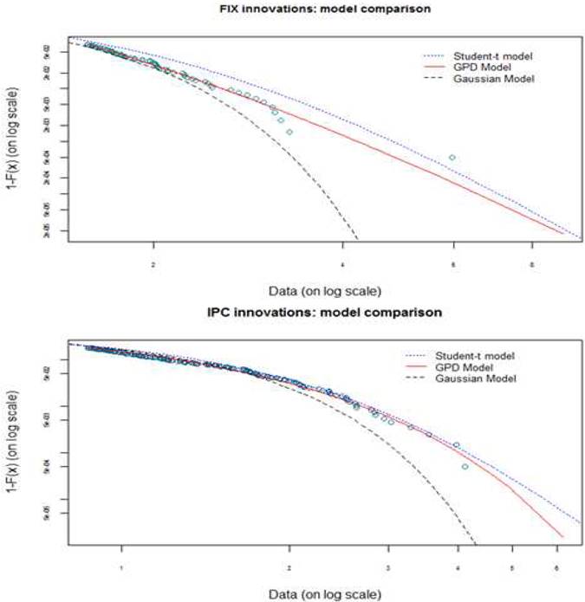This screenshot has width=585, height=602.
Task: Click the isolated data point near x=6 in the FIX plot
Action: click(x=452, y=158)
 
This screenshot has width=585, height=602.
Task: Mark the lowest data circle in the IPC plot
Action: click(x=465, y=467)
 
